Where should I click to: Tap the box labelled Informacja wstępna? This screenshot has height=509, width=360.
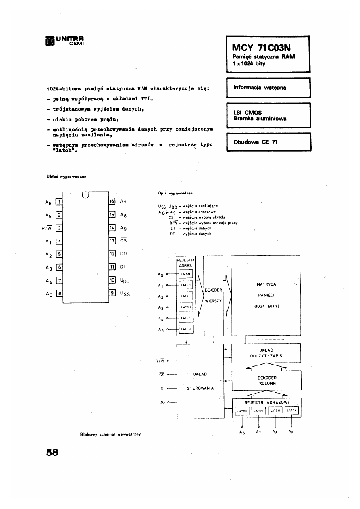[x=260, y=88]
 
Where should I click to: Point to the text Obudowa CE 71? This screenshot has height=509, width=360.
[x=256, y=142]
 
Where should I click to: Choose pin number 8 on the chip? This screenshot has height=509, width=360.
[x=59, y=294]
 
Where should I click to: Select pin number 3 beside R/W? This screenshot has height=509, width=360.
[x=59, y=228]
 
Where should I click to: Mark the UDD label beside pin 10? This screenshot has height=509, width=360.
[x=125, y=281]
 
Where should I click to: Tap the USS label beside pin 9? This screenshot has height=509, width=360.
[x=125, y=294]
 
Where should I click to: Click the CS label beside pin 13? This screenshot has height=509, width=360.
[x=123, y=241]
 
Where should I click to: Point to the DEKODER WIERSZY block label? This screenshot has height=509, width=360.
[x=213, y=295]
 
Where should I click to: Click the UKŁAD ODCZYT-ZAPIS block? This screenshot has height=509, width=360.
[x=266, y=353]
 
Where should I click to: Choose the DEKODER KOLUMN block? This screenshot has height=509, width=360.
[x=266, y=380]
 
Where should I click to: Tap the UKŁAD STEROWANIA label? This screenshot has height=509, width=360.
[x=200, y=381]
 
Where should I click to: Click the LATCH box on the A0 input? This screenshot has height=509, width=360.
[x=186, y=274]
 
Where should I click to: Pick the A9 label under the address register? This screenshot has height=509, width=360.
[x=291, y=432]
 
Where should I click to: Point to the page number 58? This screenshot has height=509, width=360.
[x=52, y=453]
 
